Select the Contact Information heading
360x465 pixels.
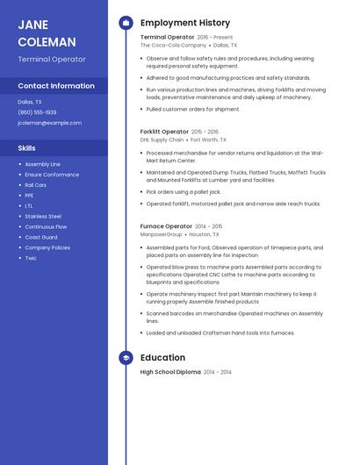(56, 86)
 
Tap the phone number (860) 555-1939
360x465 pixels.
(37, 112)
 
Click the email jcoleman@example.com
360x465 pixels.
(49, 123)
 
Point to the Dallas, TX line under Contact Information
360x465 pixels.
(30, 102)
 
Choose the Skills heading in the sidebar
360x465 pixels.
(26, 148)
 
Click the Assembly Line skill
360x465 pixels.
(42, 164)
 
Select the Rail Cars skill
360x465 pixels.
(36, 185)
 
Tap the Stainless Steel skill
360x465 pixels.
(43, 216)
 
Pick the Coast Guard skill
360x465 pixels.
(40, 237)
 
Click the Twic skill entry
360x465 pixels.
(31, 258)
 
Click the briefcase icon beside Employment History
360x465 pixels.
(126, 23)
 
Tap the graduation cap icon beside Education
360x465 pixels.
(126, 358)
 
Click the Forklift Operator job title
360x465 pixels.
(164, 132)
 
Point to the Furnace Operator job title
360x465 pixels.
(166, 226)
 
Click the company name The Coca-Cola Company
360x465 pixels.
(174, 45)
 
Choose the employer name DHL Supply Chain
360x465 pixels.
(162, 139)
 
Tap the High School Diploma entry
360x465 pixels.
(170, 372)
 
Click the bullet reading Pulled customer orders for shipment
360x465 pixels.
(192, 110)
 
